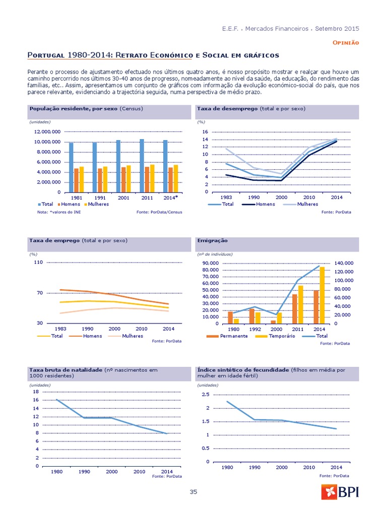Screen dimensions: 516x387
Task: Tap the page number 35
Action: coord(193,492)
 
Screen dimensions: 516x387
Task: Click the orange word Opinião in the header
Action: coord(346,43)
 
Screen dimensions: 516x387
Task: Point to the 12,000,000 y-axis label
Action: coord(47,132)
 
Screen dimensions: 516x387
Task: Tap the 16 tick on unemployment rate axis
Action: coord(205,132)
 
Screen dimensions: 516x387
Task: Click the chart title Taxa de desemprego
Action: coord(228,109)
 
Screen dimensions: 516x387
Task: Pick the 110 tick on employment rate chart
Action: coord(38,263)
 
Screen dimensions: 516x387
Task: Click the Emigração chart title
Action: coord(212,241)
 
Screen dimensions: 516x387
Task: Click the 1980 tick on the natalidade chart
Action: coord(56,472)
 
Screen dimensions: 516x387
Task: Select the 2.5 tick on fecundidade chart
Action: coord(206,395)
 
